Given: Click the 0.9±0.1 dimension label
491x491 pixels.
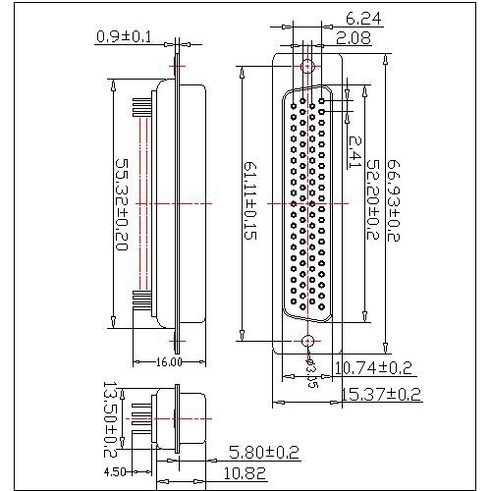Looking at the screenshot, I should point(124,37).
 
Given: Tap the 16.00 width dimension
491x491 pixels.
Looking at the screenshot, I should point(170,361).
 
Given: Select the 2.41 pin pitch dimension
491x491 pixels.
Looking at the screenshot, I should point(355,148).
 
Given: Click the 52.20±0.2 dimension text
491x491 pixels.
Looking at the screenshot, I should point(372,202).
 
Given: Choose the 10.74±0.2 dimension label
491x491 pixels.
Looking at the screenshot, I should point(374,368).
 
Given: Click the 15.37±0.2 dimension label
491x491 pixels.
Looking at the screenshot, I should point(381,394).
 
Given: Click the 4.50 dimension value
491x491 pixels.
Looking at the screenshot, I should point(116,470).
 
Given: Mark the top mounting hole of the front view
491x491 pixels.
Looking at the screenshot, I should point(307,68).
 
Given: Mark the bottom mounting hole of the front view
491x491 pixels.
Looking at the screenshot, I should point(307,341).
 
